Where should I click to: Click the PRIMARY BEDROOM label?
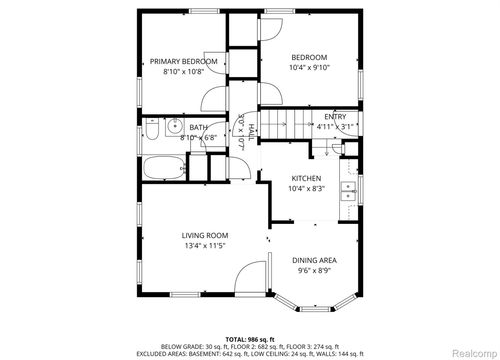(x=183, y=61)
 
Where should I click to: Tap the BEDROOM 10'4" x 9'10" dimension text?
(x=310, y=68)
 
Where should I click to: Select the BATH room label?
(x=198, y=127)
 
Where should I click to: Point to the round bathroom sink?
(x=172, y=127)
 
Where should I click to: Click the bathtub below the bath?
(x=161, y=167)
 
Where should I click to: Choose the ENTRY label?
(x=335, y=116)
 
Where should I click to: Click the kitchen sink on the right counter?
(x=350, y=191)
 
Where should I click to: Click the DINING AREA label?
(x=314, y=260)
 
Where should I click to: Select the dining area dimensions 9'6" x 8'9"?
(x=314, y=270)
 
